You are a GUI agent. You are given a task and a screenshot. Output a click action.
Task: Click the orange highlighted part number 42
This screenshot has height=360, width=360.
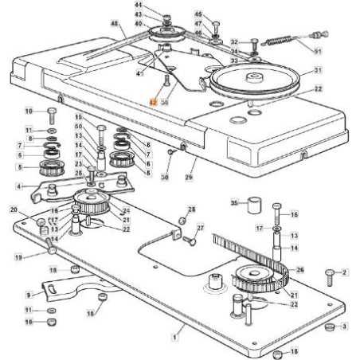[x=154, y=102]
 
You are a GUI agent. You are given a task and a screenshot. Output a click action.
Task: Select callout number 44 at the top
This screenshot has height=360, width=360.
[x=138, y=6]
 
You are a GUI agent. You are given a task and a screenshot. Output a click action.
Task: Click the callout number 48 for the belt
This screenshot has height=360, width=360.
[x=114, y=25]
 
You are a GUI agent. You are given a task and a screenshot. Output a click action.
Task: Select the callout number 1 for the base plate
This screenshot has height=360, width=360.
[x=174, y=338]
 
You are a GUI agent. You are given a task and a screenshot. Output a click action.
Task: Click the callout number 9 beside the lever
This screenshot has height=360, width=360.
[x=28, y=294]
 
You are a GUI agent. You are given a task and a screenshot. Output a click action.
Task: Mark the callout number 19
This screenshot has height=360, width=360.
[x=18, y=257]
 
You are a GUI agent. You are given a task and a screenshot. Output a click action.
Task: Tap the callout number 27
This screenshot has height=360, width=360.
[x=200, y=229]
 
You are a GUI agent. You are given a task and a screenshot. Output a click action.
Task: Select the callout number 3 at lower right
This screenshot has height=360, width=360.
[x=344, y=327]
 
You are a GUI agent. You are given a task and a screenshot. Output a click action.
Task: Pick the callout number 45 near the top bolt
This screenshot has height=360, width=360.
[x=198, y=14]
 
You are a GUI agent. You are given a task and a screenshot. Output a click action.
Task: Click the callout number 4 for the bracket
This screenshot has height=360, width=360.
[x=18, y=186]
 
